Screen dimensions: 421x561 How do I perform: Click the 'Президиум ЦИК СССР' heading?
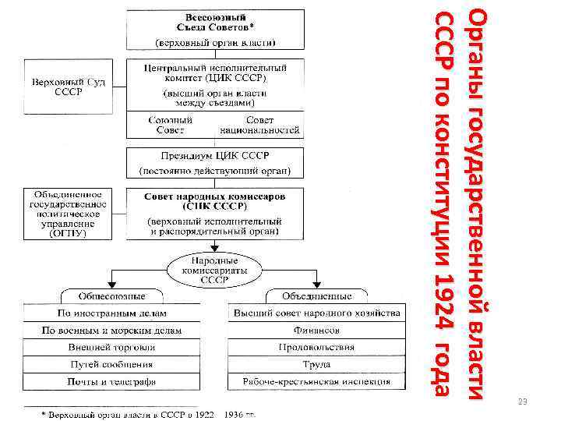tap(216, 154)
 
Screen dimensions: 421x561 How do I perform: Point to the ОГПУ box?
tap(66, 212)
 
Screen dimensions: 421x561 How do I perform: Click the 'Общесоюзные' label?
tap(111, 296)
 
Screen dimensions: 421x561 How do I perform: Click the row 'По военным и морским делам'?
tap(111, 331)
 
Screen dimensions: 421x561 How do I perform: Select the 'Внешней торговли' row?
tap(111, 348)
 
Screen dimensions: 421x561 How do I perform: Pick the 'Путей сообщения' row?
tap(111, 365)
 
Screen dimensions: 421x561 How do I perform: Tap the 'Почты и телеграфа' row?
tap(111, 382)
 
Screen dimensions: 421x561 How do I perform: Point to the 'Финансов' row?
tap(316, 331)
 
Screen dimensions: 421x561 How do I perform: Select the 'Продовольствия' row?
tap(316, 348)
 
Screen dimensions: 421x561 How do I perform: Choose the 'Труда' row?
tap(316, 365)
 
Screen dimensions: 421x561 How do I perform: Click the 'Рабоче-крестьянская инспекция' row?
tap(316, 382)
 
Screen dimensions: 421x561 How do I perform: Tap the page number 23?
tap(523, 402)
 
